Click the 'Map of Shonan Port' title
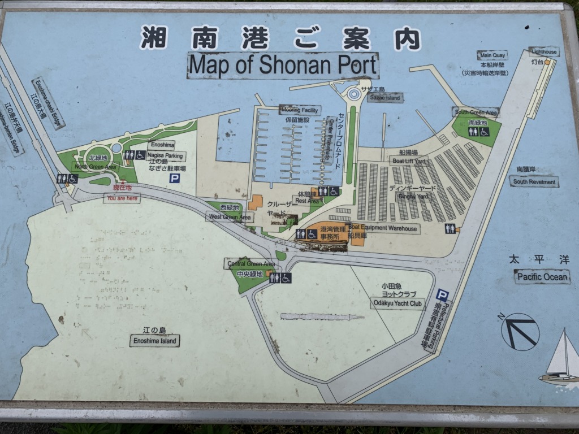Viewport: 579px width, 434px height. (283, 65)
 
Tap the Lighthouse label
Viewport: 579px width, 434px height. (544, 51)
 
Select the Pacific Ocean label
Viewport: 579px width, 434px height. (542, 276)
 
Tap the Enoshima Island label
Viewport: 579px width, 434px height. (154, 341)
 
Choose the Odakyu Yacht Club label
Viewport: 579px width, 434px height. (397, 304)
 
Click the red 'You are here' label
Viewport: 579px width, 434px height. (122, 198)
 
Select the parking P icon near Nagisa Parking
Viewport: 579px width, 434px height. (175, 178)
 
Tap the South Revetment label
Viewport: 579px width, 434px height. (534, 181)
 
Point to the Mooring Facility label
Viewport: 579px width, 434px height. (300, 110)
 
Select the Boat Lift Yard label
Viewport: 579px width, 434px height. (409, 160)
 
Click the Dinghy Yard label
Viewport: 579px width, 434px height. (415, 197)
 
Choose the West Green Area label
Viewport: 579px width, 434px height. (229, 216)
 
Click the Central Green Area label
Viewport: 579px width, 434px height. (251, 264)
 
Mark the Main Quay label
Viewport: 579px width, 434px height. (491, 55)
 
